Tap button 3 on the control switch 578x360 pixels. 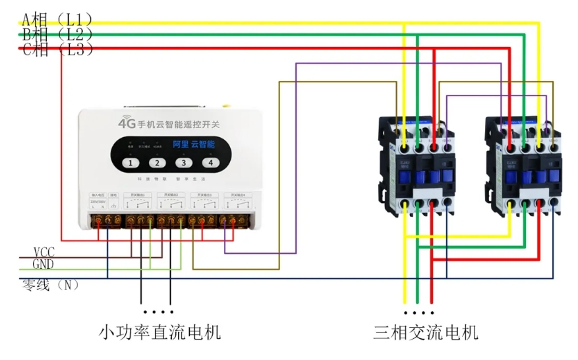(184, 163)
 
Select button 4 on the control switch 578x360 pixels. (211, 163)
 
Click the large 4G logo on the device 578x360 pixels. (127, 123)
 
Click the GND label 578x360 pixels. (43, 264)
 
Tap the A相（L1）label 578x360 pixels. (57, 18)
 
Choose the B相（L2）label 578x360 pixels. (57, 34)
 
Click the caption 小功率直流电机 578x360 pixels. (159, 332)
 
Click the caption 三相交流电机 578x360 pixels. (425, 332)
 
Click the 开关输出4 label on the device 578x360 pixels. (237, 195)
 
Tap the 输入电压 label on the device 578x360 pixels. (96, 195)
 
